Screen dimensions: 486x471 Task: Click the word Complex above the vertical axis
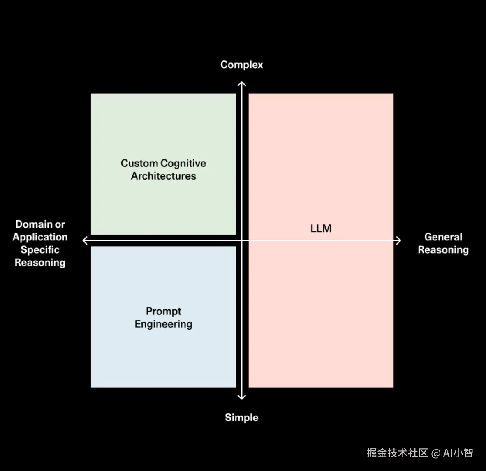click(241, 65)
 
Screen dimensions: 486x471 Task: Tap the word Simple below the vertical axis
click(241, 418)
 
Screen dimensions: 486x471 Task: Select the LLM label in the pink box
click(321, 229)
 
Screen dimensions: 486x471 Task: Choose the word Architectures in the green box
click(163, 176)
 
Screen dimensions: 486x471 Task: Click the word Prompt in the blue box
click(163, 311)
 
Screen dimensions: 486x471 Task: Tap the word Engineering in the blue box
click(163, 324)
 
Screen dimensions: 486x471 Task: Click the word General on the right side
click(443, 237)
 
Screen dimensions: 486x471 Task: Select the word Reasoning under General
click(443, 250)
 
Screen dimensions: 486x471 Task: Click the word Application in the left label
click(40, 237)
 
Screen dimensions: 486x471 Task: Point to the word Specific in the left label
click(40, 250)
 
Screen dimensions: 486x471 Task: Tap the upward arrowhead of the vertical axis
click(242, 84)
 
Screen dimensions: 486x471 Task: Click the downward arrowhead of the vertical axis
click(242, 397)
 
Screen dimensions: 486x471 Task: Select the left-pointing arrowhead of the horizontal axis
click(85, 240)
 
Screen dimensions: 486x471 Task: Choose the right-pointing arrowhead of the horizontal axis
click(398, 240)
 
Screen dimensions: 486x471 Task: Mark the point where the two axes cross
click(242, 240)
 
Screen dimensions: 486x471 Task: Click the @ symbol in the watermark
click(435, 453)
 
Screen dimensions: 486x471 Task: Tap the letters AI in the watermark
click(448, 453)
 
